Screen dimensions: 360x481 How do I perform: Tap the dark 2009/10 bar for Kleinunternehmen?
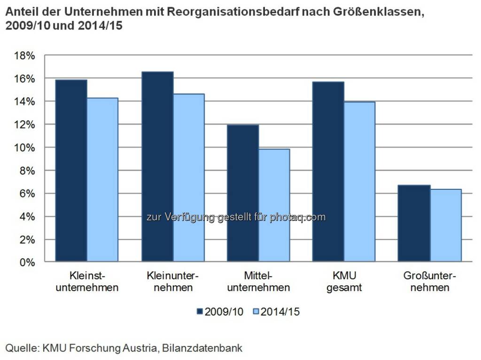[157, 166]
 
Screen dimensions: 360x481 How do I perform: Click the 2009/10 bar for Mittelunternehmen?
[243, 193]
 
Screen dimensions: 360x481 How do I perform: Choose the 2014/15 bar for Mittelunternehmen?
[274, 205]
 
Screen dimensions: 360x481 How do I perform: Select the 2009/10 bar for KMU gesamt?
[328, 172]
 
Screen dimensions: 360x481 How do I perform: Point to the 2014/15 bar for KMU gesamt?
[359, 181]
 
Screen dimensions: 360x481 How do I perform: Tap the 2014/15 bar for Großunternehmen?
[445, 225]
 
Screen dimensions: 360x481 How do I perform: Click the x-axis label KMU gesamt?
[344, 281]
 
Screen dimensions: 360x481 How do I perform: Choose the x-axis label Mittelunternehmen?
[258, 281]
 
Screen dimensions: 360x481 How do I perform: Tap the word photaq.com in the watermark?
[297, 217]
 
